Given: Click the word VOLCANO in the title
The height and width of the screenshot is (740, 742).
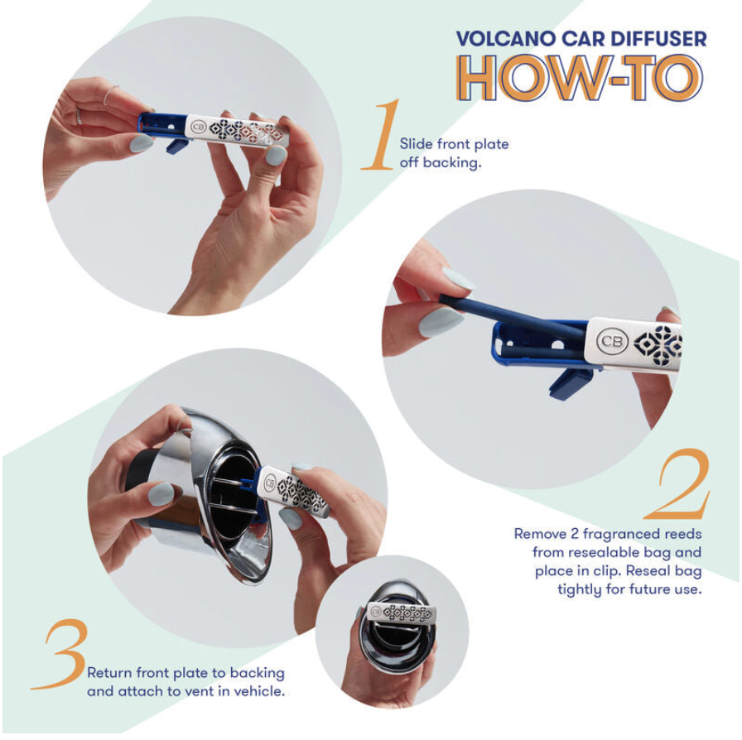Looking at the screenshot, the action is coord(506,39).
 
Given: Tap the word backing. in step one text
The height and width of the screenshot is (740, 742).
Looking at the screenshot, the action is coord(452,163).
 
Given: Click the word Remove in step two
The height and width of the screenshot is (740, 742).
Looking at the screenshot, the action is coord(540,534).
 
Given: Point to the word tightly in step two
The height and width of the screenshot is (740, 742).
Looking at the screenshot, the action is coord(581,589).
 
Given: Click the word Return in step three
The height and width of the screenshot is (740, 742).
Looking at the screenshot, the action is coord(109,672).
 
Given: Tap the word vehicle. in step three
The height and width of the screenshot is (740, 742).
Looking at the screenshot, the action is coord(260,691).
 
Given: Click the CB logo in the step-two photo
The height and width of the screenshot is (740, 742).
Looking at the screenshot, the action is coord(612,341).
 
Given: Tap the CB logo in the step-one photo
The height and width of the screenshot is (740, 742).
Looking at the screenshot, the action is coord(198,127).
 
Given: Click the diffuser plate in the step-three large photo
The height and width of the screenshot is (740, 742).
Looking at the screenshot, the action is coord(294,493).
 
